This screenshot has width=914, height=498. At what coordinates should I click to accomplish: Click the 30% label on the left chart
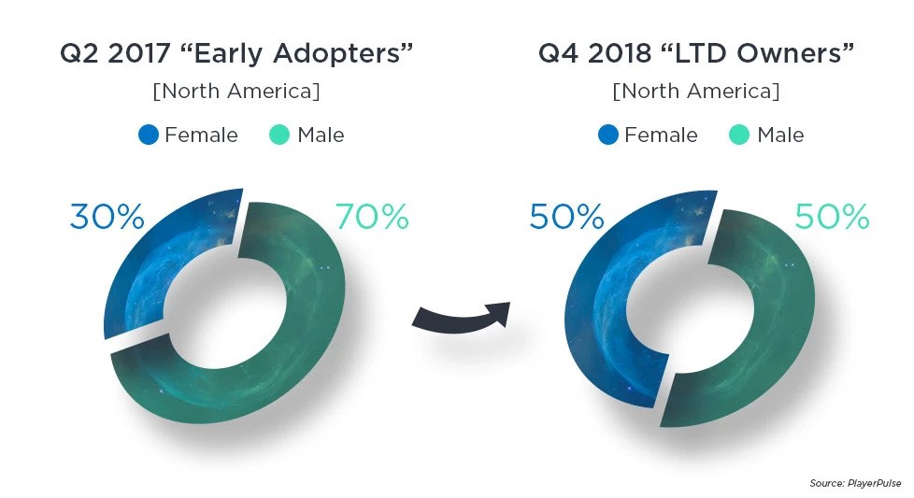[107, 217]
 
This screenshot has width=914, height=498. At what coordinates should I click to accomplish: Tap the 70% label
[371, 217]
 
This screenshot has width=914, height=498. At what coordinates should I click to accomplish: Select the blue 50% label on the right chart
[566, 217]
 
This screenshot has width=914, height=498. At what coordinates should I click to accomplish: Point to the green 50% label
[832, 217]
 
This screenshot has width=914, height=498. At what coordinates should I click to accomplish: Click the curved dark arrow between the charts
[460, 316]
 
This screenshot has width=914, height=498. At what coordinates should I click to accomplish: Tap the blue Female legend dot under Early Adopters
[148, 135]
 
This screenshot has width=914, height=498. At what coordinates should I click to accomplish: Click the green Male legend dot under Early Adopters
[279, 135]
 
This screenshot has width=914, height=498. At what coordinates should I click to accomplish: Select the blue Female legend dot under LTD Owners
[607, 135]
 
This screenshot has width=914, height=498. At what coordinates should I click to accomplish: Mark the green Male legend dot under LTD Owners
[739, 135]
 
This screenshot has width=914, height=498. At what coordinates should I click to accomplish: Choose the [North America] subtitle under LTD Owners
[695, 92]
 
